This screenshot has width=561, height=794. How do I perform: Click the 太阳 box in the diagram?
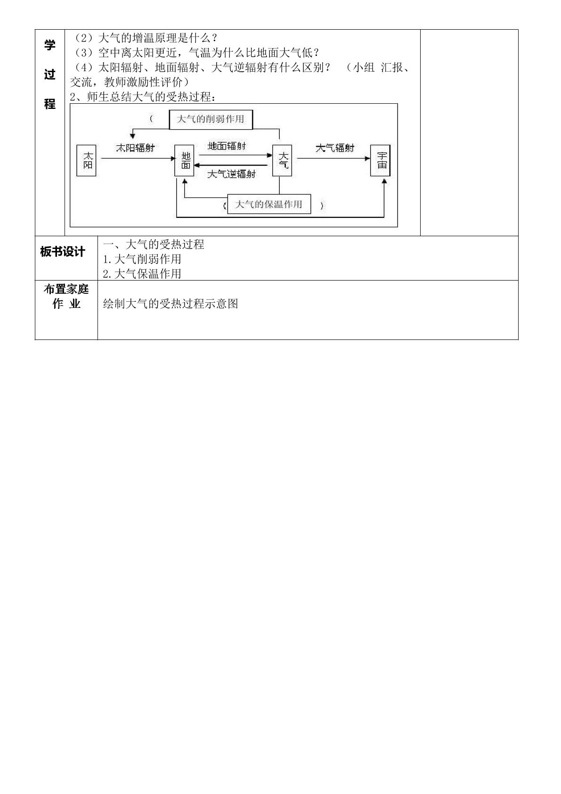[86, 160]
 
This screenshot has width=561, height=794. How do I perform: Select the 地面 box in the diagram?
[184, 160]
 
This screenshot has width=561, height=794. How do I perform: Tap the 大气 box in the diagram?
[282, 160]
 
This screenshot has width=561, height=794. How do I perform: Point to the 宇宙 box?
[381, 160]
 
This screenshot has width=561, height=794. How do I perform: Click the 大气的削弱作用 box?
[211, 119]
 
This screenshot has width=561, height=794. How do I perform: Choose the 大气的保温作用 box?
[269, 204]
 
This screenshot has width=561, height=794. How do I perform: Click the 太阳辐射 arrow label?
[135, 148]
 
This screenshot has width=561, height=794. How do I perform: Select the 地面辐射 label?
[227, 146]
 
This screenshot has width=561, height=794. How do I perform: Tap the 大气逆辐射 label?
[231, 174]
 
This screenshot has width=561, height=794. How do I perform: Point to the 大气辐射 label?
[335, 148]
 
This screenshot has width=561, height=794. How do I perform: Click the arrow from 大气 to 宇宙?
[333, 158]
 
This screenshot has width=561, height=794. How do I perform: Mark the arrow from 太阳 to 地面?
[138, 158]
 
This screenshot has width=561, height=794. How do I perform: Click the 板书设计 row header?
[63, 252]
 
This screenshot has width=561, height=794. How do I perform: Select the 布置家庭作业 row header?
[66, 296]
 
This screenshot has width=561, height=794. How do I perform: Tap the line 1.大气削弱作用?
[142, 259]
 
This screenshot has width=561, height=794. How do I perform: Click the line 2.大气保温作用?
[142, 273]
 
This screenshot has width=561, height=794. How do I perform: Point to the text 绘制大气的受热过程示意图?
[171, 304]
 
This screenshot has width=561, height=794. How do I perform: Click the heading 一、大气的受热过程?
[154, 244]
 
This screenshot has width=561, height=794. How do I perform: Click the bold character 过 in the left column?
[49, 74]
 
